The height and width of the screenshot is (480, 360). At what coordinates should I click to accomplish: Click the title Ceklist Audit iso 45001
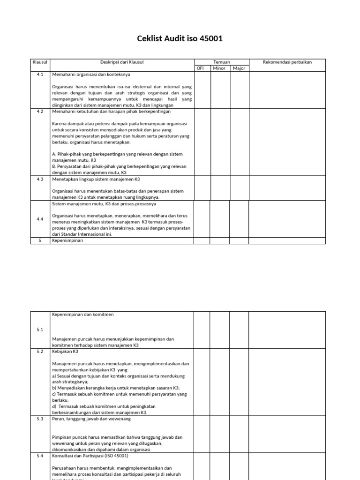click(x=180, y=38)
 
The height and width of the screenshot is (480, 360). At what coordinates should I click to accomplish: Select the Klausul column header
click(x=40, y=62)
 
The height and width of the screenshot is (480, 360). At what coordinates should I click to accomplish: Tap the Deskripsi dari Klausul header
click(x=122, y=62)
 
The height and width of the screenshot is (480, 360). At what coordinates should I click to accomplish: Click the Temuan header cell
click(x=221, y=62)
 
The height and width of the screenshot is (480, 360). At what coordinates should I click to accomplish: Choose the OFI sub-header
click(x=200, y=68)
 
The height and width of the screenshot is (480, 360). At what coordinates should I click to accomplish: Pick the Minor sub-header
click(x=219, y=68)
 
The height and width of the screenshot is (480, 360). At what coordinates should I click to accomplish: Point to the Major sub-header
click(x=239, y=68)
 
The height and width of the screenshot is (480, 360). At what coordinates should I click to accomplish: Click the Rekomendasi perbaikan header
click(x=287, y=62)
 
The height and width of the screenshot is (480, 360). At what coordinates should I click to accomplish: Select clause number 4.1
click(x=40, y=75)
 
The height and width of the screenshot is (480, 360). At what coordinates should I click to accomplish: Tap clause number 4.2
click(x=40, y=112)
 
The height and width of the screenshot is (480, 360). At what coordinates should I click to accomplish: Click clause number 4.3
click(x=40, y=179)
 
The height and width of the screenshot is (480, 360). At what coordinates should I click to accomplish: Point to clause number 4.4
click(x=40, y=219)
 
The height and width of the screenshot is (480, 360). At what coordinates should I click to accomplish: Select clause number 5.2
click(x=40, y=351)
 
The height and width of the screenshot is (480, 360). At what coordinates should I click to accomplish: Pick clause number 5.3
click(x=40, y=419)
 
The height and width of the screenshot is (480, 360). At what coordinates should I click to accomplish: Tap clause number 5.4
click(x=40, y=456)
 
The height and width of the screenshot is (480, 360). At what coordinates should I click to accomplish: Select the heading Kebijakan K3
click(x=65, y=351)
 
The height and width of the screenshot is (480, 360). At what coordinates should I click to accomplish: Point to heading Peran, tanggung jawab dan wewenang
click(x=91, y=419)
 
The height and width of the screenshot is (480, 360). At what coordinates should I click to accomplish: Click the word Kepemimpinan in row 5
click(x=67, y=240)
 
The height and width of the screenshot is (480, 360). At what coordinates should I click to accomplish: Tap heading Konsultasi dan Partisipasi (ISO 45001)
click(x=90, y=456)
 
